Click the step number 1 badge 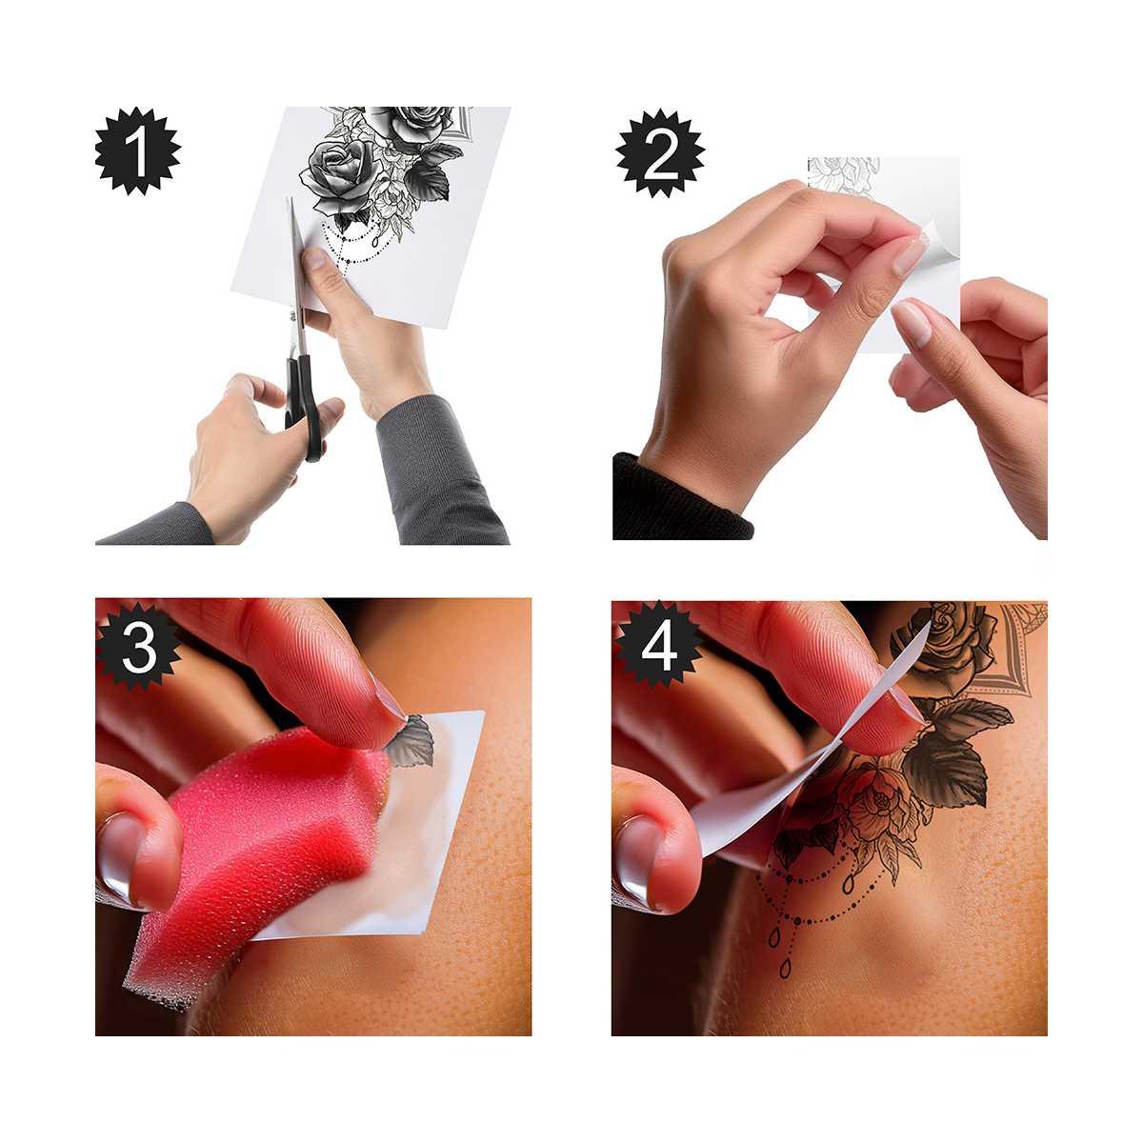click(x=137, y=152)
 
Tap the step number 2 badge click(x=659, y=152)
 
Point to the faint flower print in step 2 click(x=843, y=171)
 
